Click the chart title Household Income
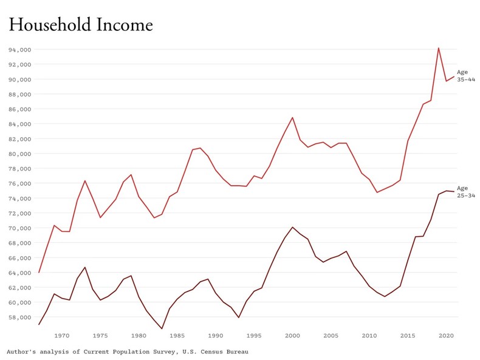pos(80,24)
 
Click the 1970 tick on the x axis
pos(62,335)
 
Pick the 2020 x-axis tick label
pos(446,335)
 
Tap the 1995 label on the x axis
pos(254,335)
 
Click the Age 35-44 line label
pos(465,76)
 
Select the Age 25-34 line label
pos(465,192)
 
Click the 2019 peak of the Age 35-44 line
pos(438,48)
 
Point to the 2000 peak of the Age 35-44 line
pos(292,118)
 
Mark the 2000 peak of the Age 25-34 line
pos(292,227)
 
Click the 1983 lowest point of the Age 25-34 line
pos(162,329)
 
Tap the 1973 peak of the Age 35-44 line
pos(85,180)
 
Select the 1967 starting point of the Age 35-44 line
pos(39,272)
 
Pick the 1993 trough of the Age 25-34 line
pos(239,318)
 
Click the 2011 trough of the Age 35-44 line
pos(377,192)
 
